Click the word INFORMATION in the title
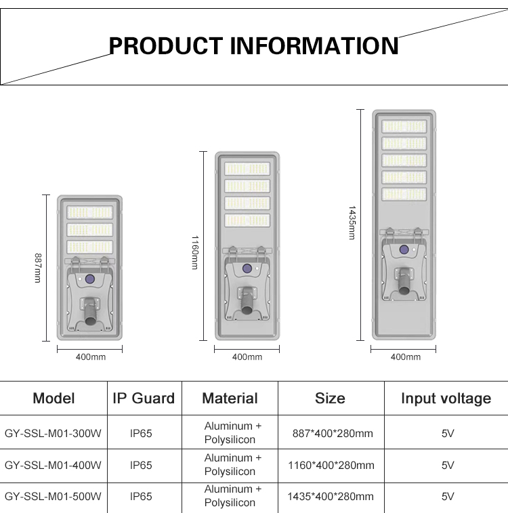point(314,46)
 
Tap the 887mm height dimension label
point(38,268)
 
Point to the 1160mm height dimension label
point(195,253)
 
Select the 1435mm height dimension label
point(352,222)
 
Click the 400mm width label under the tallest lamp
point(405,357)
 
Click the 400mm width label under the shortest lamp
point(90,357)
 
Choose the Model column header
point(54,398)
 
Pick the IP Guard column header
point(144,398)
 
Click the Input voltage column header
point(446,398)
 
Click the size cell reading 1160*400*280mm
point(331,465)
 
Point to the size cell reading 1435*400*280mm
point(331,496)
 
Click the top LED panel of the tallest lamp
point(404,127)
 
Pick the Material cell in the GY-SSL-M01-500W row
point(230,496)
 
